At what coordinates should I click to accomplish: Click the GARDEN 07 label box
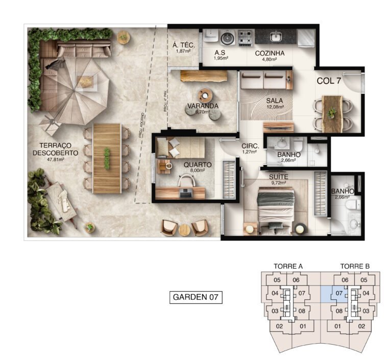tap(196, 297)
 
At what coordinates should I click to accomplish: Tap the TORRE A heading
tap(288, 267)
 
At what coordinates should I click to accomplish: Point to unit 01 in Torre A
tap(303, 326)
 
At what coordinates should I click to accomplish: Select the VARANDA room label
tap(203, 106)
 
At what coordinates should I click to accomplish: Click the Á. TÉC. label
tap(183, 45)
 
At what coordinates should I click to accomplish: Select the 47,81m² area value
tap(55, 159)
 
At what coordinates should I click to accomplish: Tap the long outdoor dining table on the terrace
tap(106, 157)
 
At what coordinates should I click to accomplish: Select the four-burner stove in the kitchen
tap(245, 37)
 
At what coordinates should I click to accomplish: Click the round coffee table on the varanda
tap(206, 95)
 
